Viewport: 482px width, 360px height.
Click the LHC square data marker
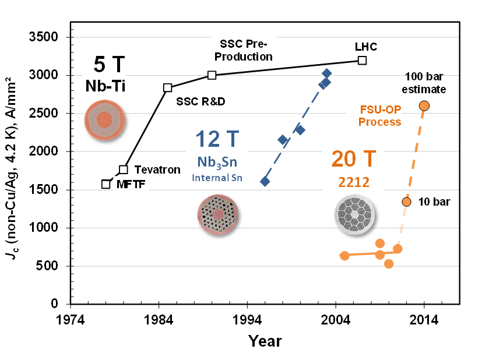click(x=363, y=60)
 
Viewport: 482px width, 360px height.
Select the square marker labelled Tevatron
click(x=124, y=170)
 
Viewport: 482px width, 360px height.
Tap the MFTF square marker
click(x=105, y=184)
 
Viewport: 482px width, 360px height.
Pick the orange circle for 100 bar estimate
click(x=424, y=105)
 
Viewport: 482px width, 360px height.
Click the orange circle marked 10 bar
click(x=406, y=202)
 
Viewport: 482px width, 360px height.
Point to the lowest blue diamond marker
click(x=265, y=181)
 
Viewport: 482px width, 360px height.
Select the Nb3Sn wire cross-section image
click(x=218, y=215)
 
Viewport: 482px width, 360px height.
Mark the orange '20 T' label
click(x=354, y=158)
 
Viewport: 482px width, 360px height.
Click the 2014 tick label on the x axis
click(x=424, y=320)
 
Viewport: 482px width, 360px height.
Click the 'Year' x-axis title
click(x=265, y=341)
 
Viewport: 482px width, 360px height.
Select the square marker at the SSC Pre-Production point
click(x=212, y=75)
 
